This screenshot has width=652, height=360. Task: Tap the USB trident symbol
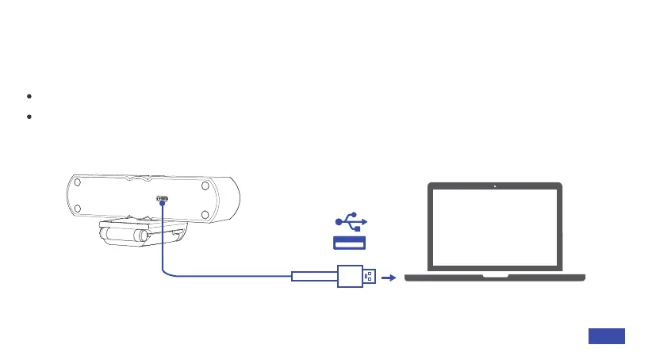tap(350, 222)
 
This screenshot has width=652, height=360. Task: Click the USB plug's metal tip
tap(370, 278)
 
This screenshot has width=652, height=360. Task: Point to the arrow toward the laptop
tap(389, 278)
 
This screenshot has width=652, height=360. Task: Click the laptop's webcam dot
tap(495, 188)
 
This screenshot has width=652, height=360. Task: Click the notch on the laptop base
tap(495, 277)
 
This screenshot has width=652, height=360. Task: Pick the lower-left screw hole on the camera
tap(78, 213)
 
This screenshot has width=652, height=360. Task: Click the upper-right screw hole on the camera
tap(205, 186)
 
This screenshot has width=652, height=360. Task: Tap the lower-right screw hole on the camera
tap(205, 213)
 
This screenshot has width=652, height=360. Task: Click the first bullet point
tap(29, 96)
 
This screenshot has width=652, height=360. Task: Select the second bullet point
tap(29, 117)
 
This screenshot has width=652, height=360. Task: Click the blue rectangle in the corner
tap(606, 336)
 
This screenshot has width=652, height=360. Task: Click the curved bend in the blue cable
tap(167, 271)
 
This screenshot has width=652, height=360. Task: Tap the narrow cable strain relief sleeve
tap(314, 277)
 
